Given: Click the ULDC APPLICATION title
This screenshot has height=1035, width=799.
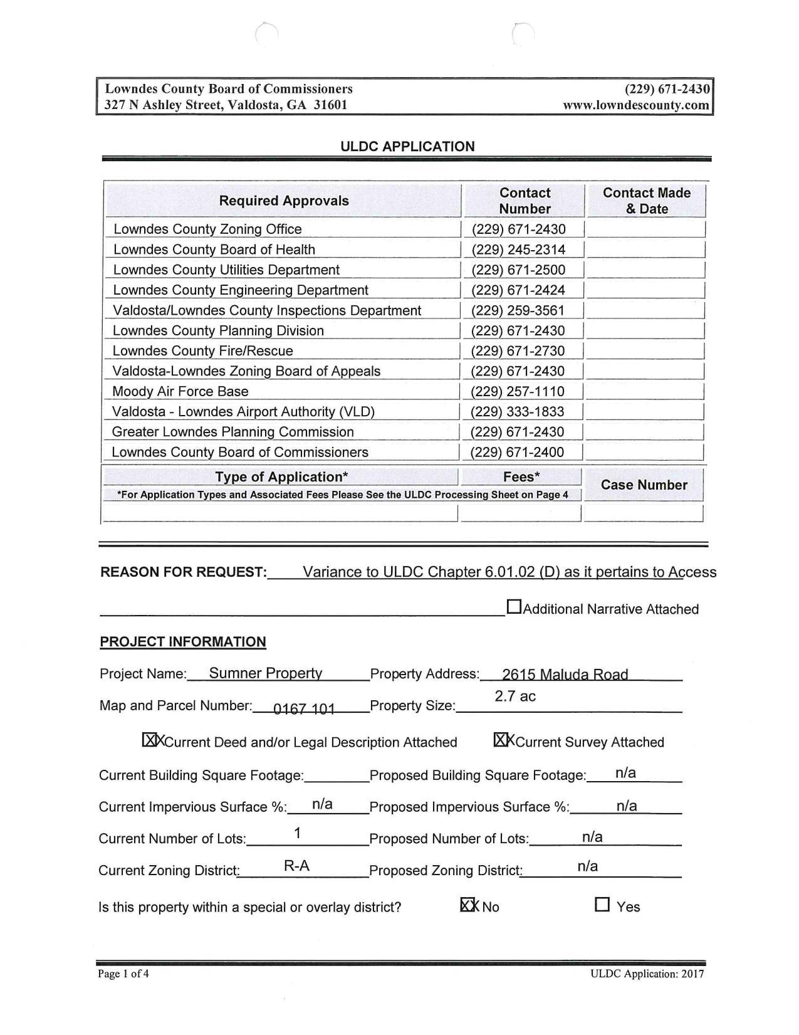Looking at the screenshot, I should tap(407, 147).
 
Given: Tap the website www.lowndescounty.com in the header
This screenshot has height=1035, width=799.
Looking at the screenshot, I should tap(636, 105).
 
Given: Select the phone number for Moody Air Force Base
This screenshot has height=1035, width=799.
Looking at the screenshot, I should tap(518, 392).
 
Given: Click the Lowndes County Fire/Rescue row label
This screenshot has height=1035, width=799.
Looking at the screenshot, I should tap(202, 351).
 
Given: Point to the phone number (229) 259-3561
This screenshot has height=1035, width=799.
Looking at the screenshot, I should tap(518, 311).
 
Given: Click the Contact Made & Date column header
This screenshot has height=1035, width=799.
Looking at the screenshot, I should tap(646, 201).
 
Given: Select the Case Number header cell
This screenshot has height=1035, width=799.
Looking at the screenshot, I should tap(644, 485).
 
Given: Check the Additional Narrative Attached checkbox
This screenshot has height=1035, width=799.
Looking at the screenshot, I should tap(514, 607).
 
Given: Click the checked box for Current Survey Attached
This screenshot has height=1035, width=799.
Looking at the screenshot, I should tap(501, 740).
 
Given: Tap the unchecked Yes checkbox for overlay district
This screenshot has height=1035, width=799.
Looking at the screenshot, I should tap(602, 905).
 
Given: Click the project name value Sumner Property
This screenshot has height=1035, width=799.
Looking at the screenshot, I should tap(265, 673).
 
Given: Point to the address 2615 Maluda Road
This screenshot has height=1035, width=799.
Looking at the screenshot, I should tap(565, 675).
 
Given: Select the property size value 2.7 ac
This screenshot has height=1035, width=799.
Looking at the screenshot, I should tap(515, 696).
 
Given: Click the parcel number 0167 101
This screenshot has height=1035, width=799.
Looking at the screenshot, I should tap(304, 709).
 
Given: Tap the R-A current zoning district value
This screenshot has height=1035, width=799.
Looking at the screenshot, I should tap(296, 866).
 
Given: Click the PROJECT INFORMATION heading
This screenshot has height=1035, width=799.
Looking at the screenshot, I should tap(182, 642).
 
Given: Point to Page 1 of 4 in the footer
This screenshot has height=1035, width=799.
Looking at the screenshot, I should tap(123, 974).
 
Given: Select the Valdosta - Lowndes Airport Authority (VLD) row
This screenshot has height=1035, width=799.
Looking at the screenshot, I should tap(243, 412).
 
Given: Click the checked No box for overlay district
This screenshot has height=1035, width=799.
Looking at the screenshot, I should tap(467, 905).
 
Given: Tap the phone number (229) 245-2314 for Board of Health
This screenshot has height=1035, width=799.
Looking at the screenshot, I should tap(518, 250).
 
